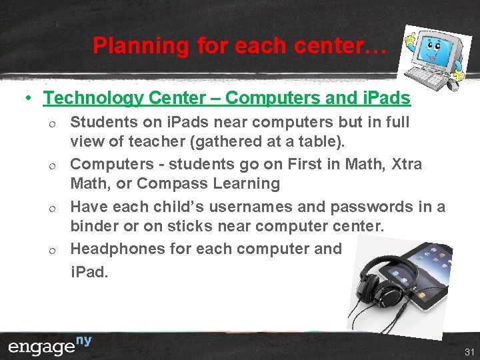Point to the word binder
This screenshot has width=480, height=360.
pyautogui.click(x=93, y=226)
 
